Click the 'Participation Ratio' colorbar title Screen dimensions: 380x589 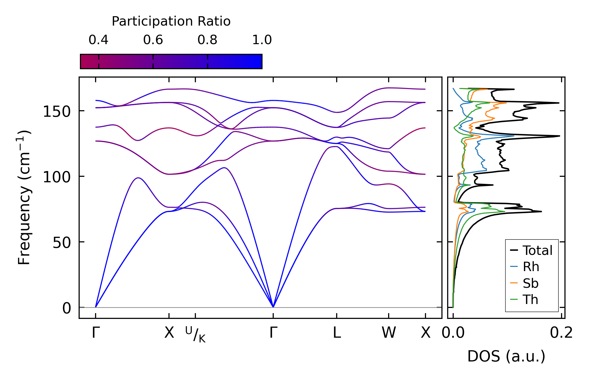click(171, 21)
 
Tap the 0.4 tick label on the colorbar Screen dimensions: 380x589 click(98, 40)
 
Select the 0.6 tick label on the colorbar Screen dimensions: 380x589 click(153, 40)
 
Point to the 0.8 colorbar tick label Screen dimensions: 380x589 click(207, 40)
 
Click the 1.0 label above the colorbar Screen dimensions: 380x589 click(262, 40)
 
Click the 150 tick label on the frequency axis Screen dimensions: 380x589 click(57, 112)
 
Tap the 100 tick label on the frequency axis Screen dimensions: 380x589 click(57, 177)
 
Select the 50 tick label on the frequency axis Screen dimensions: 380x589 click(62, 243)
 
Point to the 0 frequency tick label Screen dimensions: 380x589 click(67, 308)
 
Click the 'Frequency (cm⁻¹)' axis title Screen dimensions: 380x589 click(24, 197)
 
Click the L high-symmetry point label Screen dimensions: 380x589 click(337, 333)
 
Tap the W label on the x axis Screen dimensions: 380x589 click(389, 333)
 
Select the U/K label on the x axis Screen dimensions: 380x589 click(195, 334)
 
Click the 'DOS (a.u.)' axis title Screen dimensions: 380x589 click(506, 356)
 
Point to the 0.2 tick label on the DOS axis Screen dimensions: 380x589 click(561, 333)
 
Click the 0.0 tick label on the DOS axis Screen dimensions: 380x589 click(453, 333)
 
